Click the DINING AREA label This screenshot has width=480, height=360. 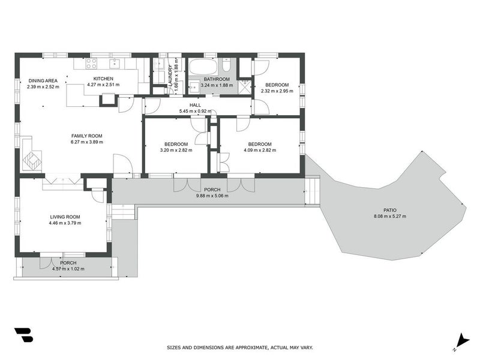pyautogui.click(x=43, y=80)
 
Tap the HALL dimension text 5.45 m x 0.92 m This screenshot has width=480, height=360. pyautogui.click(x=196, y=111)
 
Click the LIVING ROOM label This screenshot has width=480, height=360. pyautogui.click(x=65, y=217)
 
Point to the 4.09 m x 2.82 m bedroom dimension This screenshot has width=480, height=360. pyautogui.click(x=260, y=150)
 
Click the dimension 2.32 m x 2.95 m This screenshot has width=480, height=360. pyautogui.click(x=277, y=91)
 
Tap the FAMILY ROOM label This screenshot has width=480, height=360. pyautogui.click(x=87, y=136)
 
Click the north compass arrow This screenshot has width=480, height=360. pyautogui.click(x=461, y=340)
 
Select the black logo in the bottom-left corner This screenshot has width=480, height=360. pyautogui.click(x=23, y=335)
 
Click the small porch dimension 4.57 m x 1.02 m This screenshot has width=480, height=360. pyautogui.click(x=68, y=268)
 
